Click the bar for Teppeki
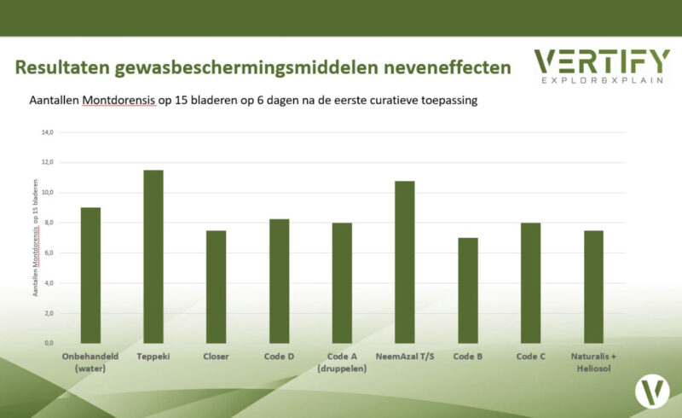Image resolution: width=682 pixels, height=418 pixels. coord(153,256)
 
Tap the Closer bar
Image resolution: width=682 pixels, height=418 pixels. coord(217,287)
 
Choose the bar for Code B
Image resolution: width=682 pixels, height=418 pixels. coord(468,290)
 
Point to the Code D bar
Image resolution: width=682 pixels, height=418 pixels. coord(280,281)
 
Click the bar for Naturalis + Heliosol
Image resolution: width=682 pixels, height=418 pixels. coord(594,287)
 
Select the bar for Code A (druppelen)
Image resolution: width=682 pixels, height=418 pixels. coord(342,282)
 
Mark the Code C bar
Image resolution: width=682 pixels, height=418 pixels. coord(531,282)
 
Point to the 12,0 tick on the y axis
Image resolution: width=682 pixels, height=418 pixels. coord(47,162)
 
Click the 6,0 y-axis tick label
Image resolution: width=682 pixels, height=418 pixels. coord(47,253)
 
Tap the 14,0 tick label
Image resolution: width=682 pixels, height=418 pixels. coord(47,132)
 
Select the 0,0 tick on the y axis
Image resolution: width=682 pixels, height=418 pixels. coord(47,343)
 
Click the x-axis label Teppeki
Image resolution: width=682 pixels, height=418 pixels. coord(153,356)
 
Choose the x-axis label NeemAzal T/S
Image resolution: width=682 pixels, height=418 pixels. coord(405,356)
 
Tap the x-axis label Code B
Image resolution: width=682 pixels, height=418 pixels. coord(468,356)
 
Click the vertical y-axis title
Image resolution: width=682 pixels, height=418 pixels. coord(35,237)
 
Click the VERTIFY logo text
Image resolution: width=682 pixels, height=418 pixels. coord(601,61)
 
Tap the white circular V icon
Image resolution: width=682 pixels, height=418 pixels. coord(652,391)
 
